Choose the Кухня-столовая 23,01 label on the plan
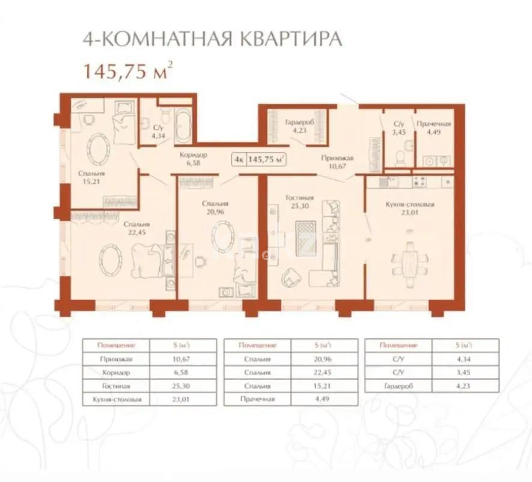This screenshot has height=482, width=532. click(409, 208)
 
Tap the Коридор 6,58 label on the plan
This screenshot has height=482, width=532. click(193, 159)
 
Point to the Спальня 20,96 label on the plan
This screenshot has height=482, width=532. click(215, 207)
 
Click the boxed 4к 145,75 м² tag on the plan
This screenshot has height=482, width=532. click(258, 159)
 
